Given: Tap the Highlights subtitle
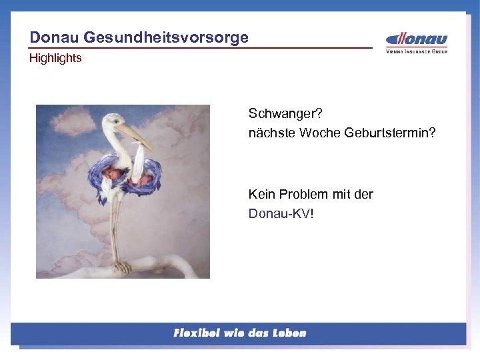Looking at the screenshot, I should tap(55, 58).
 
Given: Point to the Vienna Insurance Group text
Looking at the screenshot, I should tap(417, 51).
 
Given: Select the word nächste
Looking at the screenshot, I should tap(271, 133).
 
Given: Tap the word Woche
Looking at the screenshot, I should tap(320, 133).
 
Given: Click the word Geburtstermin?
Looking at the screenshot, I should tap(390, 133).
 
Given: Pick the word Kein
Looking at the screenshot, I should tap(261, 194).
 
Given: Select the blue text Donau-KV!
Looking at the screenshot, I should tap(280, 213).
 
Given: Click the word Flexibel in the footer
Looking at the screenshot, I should tap(198, 333).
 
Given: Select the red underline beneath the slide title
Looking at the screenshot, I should tap(200, 48).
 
